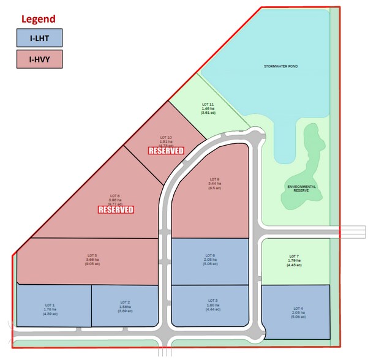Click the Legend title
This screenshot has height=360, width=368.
tap(38, 19)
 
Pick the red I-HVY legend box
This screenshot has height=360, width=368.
tap(39, 59)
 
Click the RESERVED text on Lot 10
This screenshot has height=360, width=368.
tap(167, 151)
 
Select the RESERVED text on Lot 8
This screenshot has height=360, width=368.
tap(116, 210)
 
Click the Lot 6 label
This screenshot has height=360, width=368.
tap(209, 255)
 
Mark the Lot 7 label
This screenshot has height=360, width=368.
tap(293, 255)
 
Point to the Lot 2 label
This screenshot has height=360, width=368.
tap(125, 302)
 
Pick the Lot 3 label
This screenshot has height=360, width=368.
tap(212, 301)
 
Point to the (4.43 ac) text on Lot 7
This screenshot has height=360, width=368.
tap(293, 265)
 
